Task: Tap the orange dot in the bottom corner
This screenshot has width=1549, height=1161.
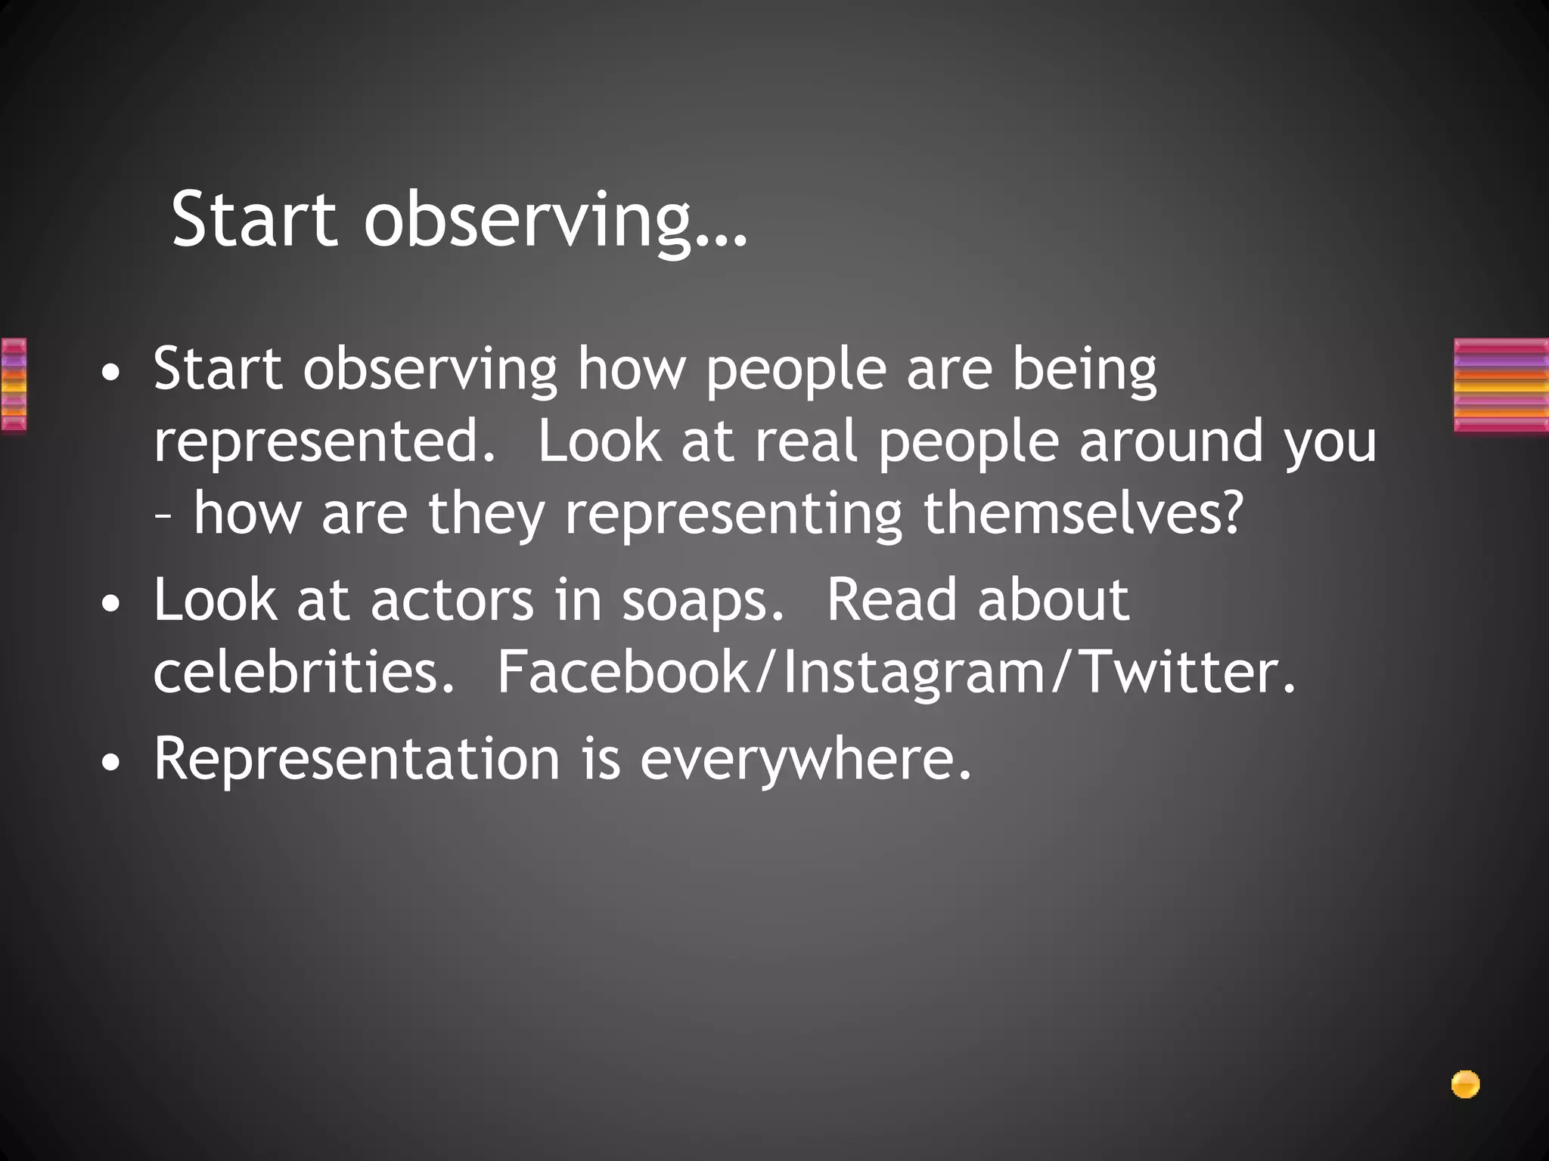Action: (x=1465, y=1084)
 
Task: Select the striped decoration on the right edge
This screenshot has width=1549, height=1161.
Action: (x=1501, y=385)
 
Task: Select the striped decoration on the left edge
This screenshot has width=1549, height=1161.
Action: (x=14, y=385)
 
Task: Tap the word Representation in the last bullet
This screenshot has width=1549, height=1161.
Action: (x=355, y=758)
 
